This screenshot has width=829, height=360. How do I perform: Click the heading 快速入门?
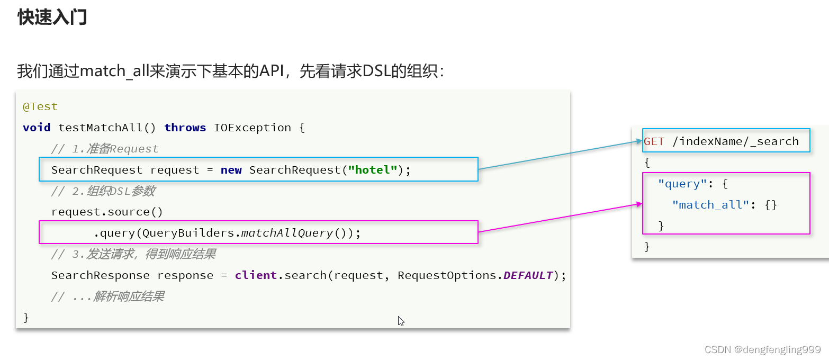pos(52,17)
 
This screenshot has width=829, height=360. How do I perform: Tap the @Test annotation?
pos(40,106)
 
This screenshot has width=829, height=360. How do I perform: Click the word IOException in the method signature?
pos(252,128)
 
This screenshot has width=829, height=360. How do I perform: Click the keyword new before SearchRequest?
pos(231,170)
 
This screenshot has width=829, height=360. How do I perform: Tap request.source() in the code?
pos(107,212)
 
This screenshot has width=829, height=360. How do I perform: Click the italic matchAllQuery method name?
pos(287,233)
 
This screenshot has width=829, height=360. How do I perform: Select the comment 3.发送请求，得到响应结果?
pos(133,254)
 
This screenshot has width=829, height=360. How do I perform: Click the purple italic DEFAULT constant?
pos(528,275)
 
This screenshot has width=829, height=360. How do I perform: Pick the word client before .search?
pos(256,275)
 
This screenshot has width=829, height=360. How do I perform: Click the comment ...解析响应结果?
pos(107,296)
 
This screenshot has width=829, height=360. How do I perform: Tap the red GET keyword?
pos(654,141)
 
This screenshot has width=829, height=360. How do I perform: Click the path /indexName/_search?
pos(735,141)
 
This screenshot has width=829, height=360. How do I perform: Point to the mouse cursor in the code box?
pos(401,321)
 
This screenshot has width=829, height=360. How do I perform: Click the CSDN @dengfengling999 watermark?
pos(762,349)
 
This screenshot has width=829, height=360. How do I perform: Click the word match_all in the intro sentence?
pos(107,71)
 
